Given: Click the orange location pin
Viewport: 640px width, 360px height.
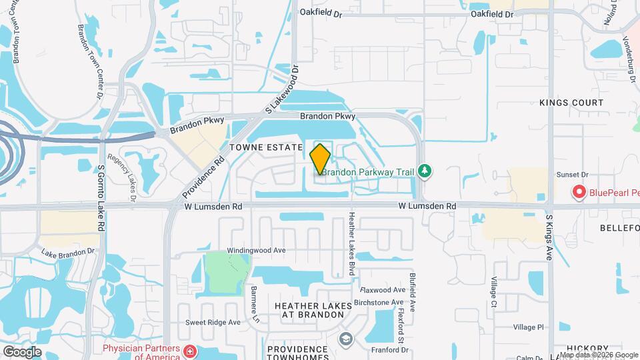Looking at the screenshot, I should click(321, 159).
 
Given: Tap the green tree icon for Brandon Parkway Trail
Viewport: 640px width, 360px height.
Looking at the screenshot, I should click(423, 171).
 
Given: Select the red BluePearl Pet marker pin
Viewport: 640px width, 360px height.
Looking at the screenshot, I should click(579, 193).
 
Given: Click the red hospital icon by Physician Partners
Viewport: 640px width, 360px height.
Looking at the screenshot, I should click(191, 351).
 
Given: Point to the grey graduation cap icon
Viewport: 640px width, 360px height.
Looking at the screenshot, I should click(345, 339).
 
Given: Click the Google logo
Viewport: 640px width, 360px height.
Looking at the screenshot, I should click(23, 351).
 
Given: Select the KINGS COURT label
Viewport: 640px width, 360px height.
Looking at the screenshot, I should click(571, 103).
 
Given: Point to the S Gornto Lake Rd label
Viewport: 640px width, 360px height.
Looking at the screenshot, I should click(101, 198).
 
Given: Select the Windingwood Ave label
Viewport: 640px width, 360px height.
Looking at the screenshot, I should click(256, 250).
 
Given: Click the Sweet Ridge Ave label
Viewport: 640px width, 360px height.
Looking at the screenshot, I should click(213, 322).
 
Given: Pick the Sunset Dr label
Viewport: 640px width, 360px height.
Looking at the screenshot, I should click(570, 174).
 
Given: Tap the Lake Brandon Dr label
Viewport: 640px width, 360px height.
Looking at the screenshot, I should click(68, 253).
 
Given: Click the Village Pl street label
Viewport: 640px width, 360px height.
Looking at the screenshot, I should click(529, 327).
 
